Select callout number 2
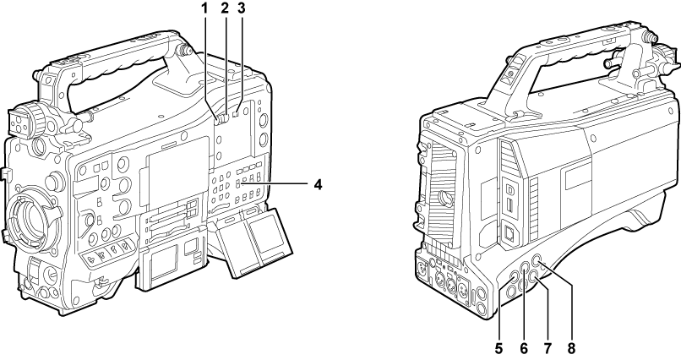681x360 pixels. point(225,8)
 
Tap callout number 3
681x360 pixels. point(242,8)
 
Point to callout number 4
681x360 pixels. point(319,184)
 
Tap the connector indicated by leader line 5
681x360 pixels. point(515,277)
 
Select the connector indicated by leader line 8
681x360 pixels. point(537,260)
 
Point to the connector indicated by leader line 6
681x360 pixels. point(526,266)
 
